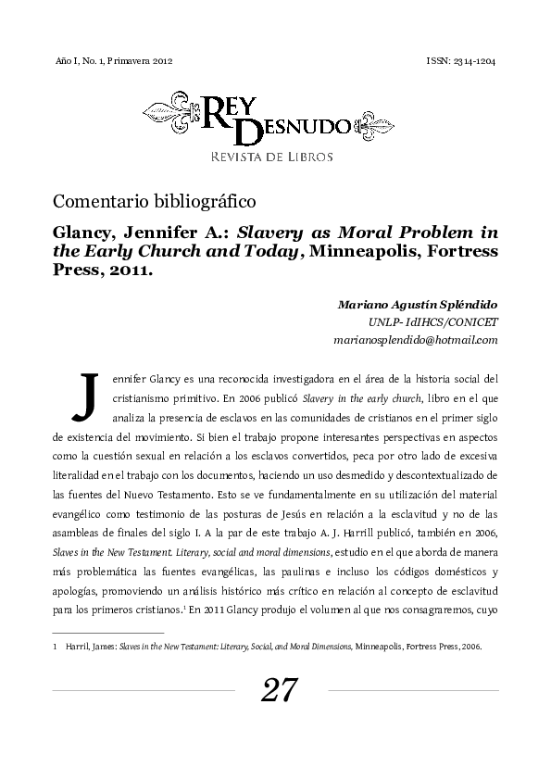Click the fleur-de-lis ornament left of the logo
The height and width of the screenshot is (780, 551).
pos(171,113)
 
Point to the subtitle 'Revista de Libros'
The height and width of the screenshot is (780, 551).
pos(271,157)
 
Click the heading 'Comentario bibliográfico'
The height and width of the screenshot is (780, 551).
pos(155,199)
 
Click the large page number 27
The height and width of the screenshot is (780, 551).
pos(280,690)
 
